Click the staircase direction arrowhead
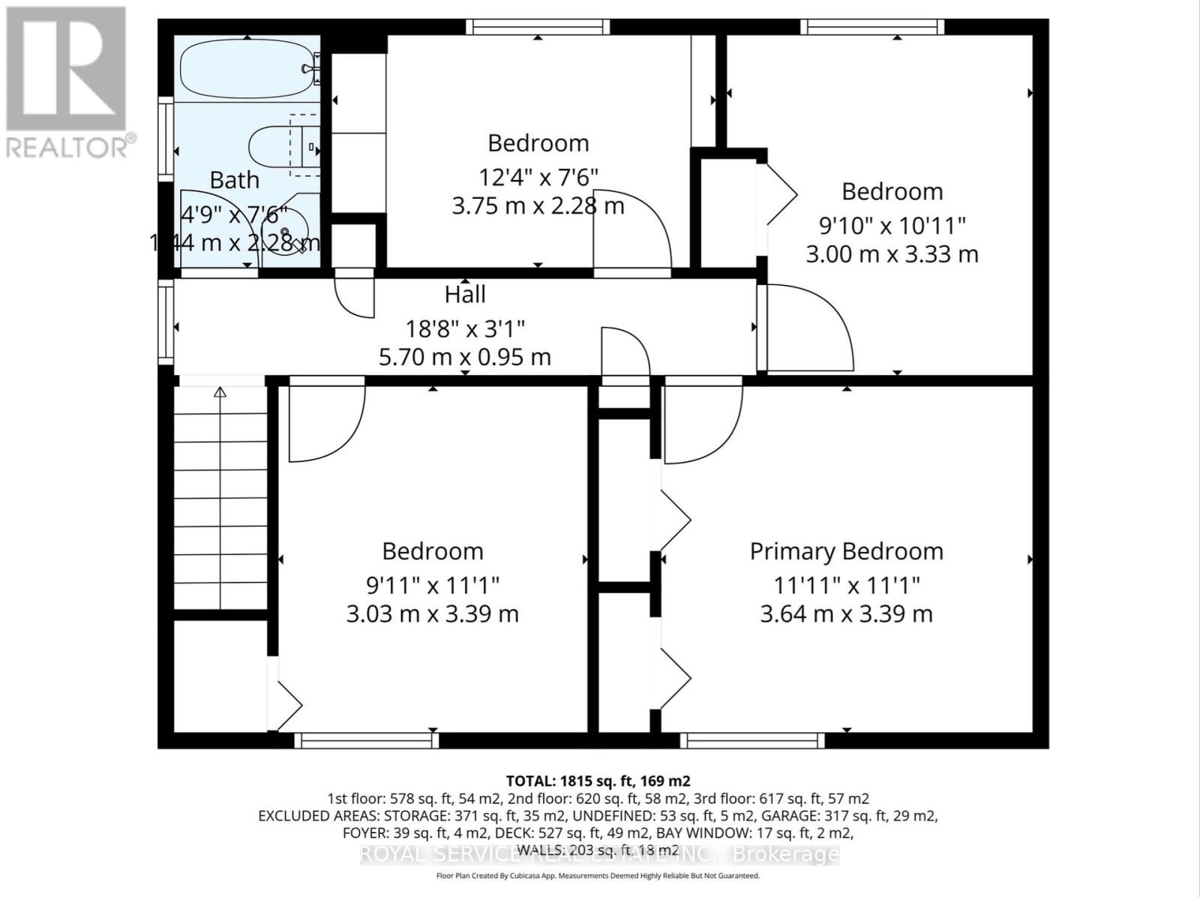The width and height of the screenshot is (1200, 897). [x=220, y=392]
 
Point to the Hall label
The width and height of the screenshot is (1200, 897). [x=465, y=295]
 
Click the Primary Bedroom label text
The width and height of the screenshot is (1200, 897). [x=846, y=551]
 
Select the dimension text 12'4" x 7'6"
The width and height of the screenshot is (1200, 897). [x=538, y=177]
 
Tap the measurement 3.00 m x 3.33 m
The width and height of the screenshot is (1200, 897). [x=892, y=254]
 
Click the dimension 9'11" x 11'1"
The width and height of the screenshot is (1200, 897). [x=433, y=583]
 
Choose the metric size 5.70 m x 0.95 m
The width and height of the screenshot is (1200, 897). [x=465, y=357]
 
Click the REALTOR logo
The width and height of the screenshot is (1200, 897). [x=67, y=82]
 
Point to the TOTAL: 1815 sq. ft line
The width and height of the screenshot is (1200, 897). [x=598, y=781]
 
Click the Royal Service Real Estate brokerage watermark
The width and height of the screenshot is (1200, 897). [x=599, y=854]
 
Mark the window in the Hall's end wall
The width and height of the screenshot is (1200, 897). [x=164, y=322]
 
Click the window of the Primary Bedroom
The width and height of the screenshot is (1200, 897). [x=752, y=741]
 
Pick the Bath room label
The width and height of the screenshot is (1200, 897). [x=234, y=180]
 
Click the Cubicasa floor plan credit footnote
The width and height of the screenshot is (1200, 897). [x=598, y=876]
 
